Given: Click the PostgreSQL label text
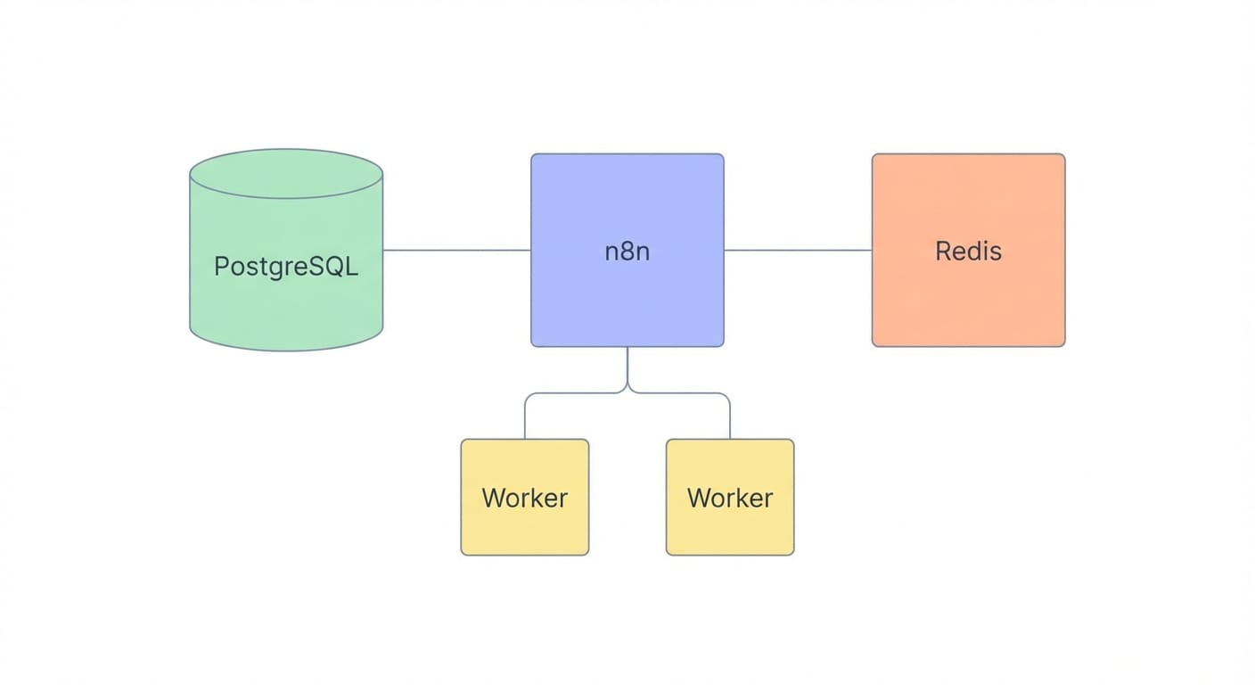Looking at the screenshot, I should pyautogui.click(x=286, y=266).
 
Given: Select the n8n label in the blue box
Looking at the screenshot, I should pyautogui.click(x=627, y=251).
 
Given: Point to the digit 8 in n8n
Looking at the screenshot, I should pyautogui.click(x=627, y=251).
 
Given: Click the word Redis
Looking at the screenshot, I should pyautogui.click(x=968, y=251).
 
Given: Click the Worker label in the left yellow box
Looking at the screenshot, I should pyautogui.click(x=524, y=498).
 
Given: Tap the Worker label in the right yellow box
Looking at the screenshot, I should pyautogui.click(x=730, y=498).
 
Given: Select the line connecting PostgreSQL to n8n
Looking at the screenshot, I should pyautogui.click(x=456, y=250).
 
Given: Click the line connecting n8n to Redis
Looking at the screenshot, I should pyautogui.click(x=798, y=250).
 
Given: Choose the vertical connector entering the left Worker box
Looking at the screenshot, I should pyautogui.click(x=524, y=419).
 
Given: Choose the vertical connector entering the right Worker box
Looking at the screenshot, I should pyautogui.click(x=730, y=419).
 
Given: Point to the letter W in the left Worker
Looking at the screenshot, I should pyautogui.click(x=493, y=498).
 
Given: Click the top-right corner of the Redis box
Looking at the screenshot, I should pyautogui.click(x=1062, y=156).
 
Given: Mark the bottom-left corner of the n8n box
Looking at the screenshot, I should pyautogui.click(x=533, y=344).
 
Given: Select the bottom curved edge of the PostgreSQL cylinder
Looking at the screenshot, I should pyautogui.click(x=286, y=350).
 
